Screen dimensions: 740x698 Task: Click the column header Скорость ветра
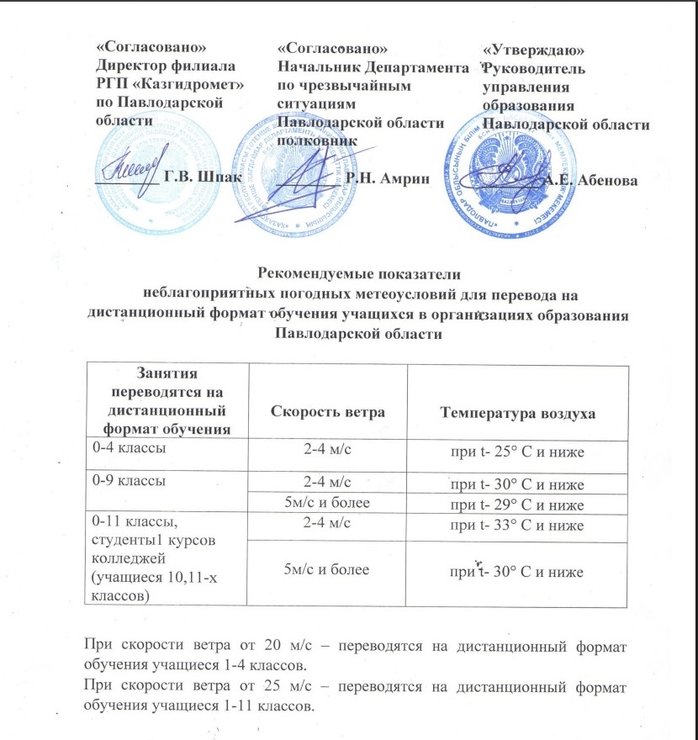click(x=326, y=412)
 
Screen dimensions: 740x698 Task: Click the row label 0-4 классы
click(x=129, y=448)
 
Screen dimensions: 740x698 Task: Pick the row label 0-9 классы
click(x=129, y=482)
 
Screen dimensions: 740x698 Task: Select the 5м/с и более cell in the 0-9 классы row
click(x=326, y=503)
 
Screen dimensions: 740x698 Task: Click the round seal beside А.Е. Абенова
click(x=510, y=178)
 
